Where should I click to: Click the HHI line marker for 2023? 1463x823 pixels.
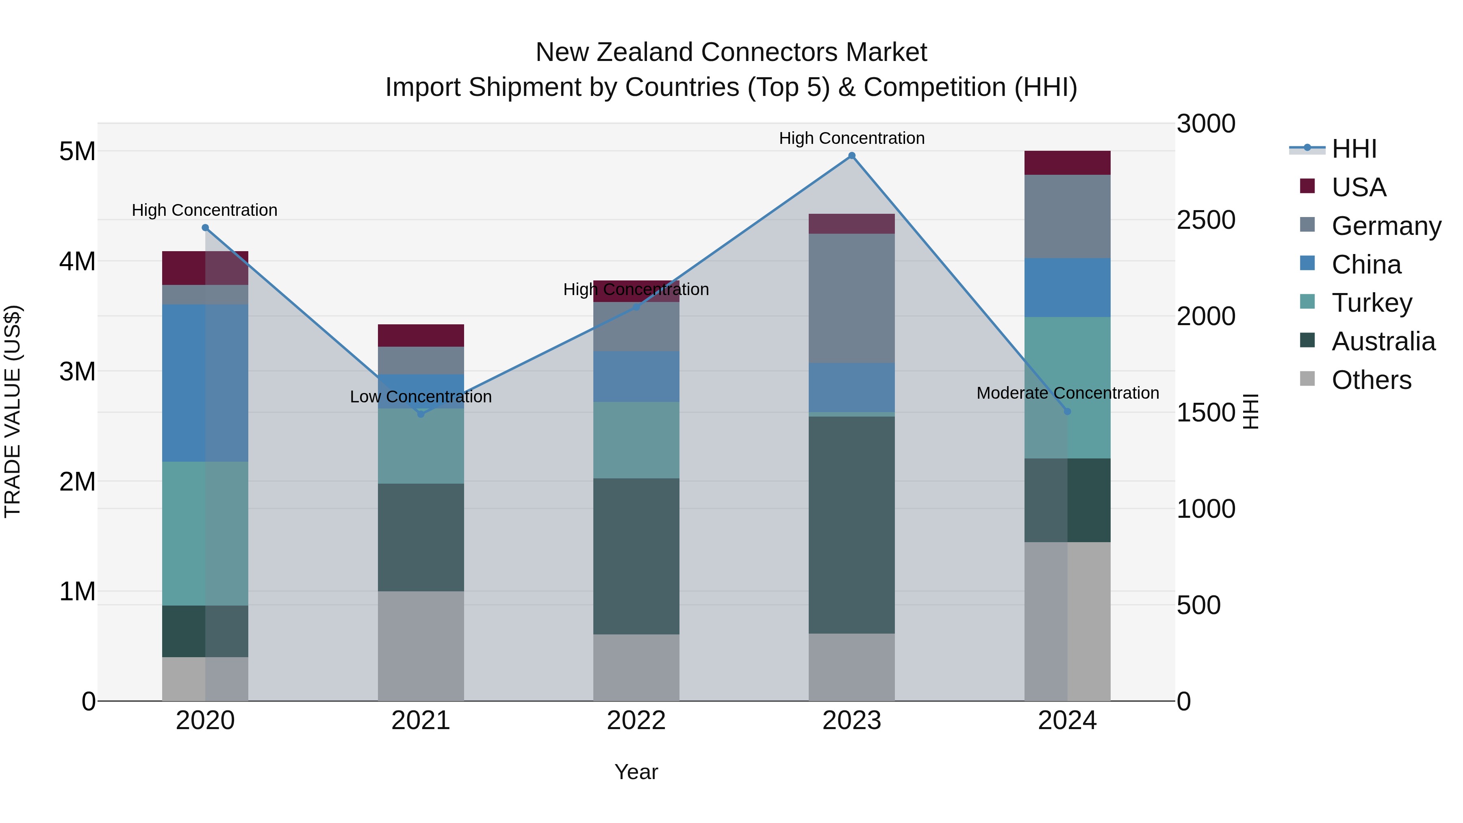[851, 156]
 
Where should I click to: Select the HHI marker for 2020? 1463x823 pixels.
[205, 228]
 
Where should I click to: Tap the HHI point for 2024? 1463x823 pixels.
[1067, 411]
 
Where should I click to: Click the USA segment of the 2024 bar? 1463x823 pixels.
[1067, 163]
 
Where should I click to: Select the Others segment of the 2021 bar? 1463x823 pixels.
[421, 646]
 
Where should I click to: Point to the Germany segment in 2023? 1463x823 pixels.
[851, 298]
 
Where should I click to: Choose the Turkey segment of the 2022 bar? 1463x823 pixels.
[636, 440]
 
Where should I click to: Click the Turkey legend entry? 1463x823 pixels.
[1372, 303]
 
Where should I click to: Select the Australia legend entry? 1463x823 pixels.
[1383, 341]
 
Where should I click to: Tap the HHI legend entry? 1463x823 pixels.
[1353, 149]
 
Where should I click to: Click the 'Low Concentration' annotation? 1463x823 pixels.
[421, 396]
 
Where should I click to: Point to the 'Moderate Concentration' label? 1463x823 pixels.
[1067, 393]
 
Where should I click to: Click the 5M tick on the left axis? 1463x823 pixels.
[77, 152]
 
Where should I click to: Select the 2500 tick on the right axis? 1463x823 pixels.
[1206, 220]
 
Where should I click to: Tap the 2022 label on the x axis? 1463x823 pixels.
[636, 721]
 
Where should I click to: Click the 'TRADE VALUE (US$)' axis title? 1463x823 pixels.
[13, 411]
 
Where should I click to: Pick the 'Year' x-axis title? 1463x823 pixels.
[636, 772]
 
